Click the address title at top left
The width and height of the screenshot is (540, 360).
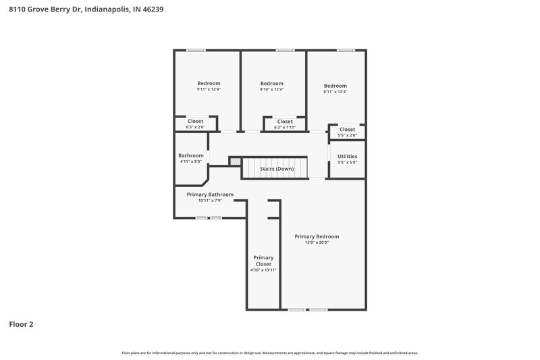(x=86, y=10)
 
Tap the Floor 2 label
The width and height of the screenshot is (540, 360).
(x=21, y=324)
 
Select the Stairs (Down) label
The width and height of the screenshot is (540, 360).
(x=276, y=168)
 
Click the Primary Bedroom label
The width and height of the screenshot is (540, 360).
(x=317, y=236)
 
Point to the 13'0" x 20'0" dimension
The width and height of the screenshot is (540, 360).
(x=317, y=243)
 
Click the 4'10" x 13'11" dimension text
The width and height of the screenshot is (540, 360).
(x=263, y=270)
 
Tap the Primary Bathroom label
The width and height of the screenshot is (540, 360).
(x=210, y=195)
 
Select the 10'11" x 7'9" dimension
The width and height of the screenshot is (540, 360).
(x=210, y=201)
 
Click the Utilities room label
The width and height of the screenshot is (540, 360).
(x=347, y=156)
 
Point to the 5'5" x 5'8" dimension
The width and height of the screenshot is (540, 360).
(x=347, y=162)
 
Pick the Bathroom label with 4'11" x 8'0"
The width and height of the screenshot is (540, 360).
(x=191, y=155)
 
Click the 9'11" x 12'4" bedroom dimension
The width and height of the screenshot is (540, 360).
(x=209, y=89)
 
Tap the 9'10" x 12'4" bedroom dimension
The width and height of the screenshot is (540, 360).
(x=271, y=89)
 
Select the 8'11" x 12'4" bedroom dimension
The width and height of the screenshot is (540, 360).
(x=335, y=92)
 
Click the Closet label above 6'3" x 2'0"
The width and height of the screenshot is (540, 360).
(x=195, y=121)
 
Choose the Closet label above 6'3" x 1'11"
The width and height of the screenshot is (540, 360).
(x=285, y=122)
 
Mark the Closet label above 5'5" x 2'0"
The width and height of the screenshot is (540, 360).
(x=347, y=129)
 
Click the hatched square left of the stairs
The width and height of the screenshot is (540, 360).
(x=236, y=162)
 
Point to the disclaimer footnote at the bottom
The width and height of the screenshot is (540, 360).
(x=270, y=353)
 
